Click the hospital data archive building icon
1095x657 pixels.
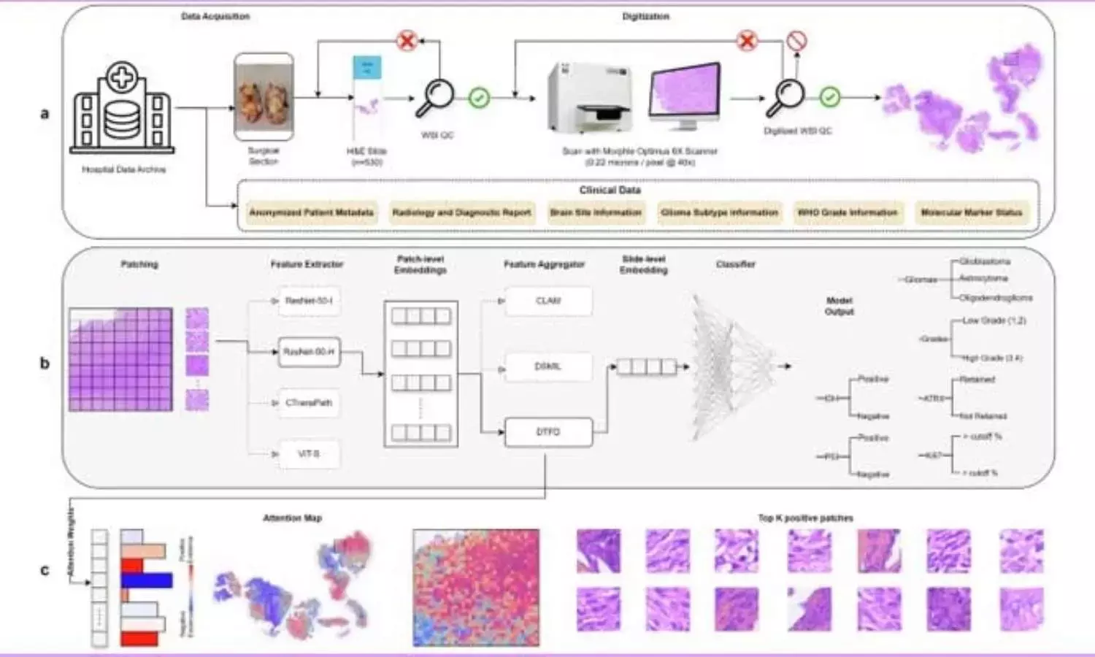[x=122, y=109]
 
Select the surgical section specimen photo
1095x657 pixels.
[x=264, y=97]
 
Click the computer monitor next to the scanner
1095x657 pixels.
[x=685, y=96]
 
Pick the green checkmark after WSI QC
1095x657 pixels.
[x=479, y=97]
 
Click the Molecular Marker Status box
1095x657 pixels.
[x=971, y=212]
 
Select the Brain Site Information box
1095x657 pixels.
[x=596, y=212]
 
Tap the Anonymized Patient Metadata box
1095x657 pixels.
[x=312, y=212]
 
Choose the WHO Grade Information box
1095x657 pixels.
[x=847, y=212]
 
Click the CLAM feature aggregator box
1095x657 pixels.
[x=548, y=301]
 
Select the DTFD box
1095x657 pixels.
[x=548, y=432]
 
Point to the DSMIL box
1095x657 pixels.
[x=548, y=366]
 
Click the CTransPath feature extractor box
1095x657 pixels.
[x=309, y=403]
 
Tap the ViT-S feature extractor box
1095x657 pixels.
[x=309, y=454]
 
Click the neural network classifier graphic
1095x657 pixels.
[x=730, y=366]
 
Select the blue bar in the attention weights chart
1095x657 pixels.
[x=146, y=580]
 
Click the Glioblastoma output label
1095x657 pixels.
[x=985, y=261]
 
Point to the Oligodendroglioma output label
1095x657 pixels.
[x=996, y=298]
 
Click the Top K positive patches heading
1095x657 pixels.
[x=805, y=518]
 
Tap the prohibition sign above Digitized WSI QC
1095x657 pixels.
[x=796, y=42]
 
